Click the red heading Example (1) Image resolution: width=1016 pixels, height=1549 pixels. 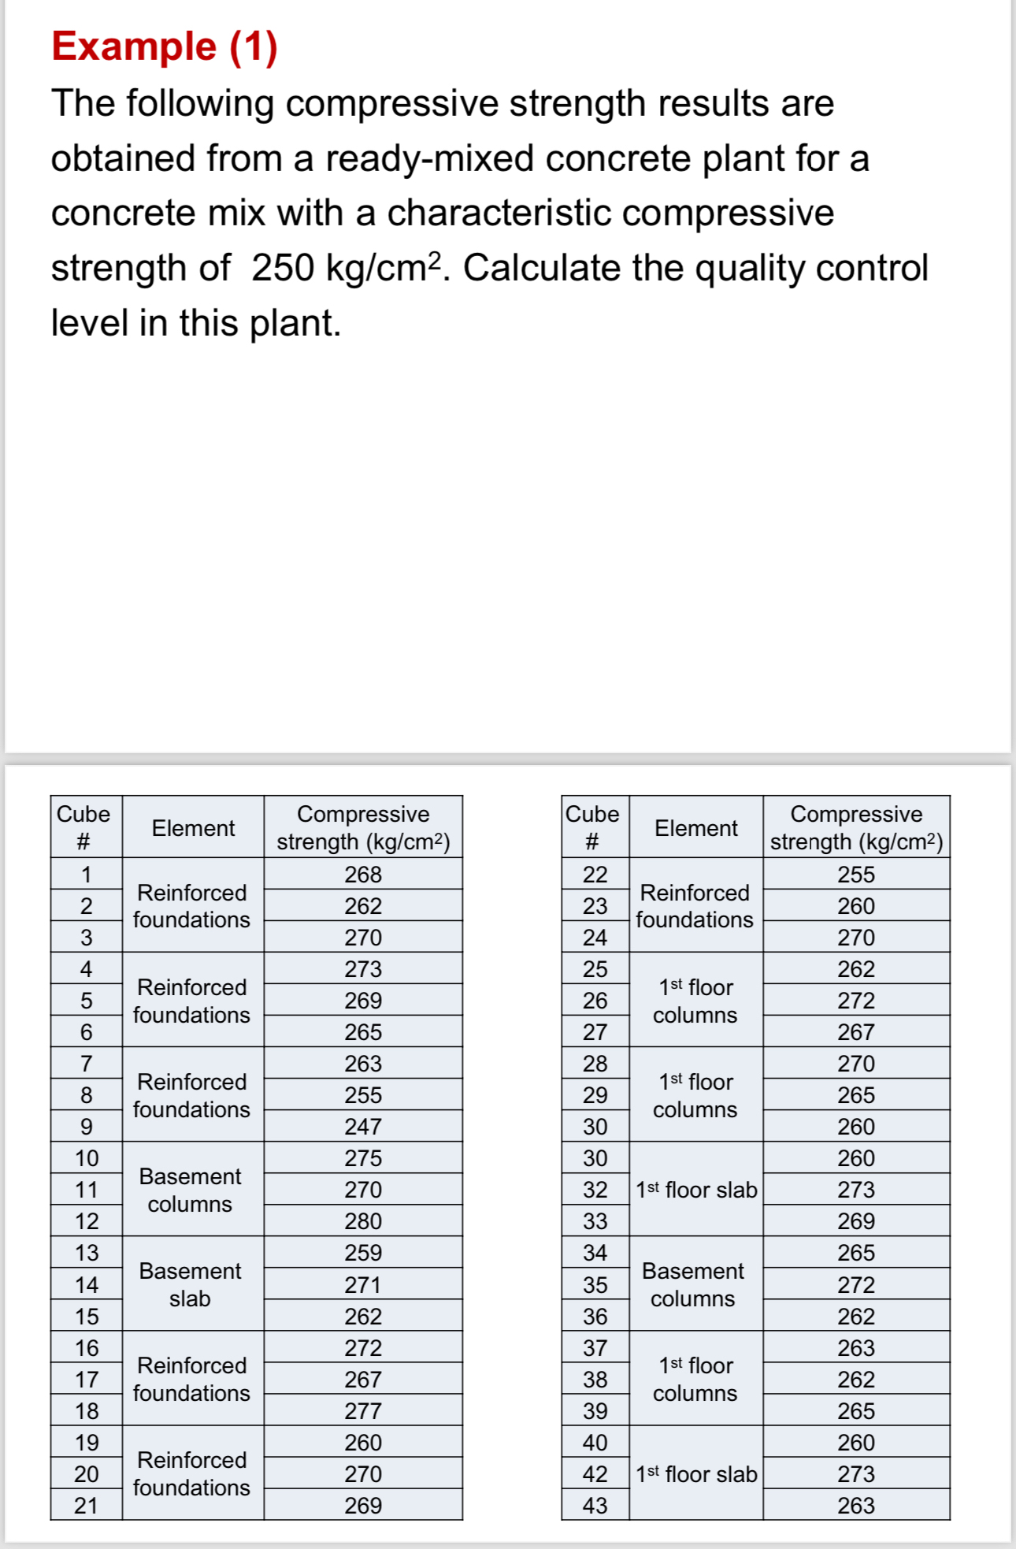(x=165, y=46)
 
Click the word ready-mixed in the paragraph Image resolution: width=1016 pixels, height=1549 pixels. (x=431, y=158)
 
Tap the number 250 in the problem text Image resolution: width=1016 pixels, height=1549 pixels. (x=283, y=269)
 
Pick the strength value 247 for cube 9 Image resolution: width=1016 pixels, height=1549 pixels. (x=363, y=1127)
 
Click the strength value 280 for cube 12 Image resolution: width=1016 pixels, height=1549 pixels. (x=363, y=1221)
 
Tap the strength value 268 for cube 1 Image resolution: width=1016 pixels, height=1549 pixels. (x=363, y=875)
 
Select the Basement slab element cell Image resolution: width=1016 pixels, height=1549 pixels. (x=191, y=1284)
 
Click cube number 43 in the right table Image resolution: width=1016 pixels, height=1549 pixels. (x=595, y=1506)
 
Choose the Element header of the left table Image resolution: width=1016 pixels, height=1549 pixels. (x=193, y=828)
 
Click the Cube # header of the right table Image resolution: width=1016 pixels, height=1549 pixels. (x=593, y=827)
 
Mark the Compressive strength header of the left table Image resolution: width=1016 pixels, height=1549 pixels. (x=363, y=827)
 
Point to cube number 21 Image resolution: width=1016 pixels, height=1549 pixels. (x=87, y=1506)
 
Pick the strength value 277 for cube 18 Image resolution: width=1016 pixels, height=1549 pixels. (x=363, y=1411)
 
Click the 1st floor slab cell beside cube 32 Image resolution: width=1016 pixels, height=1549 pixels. (x=696, y=1190)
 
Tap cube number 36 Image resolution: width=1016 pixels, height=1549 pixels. (x=595, y=1317)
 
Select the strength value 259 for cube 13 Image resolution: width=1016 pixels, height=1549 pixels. (x=363, y=1253)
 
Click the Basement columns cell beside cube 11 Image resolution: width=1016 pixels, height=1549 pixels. (x=191, y=1190)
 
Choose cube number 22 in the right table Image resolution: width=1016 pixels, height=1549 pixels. (x=595, y=875)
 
